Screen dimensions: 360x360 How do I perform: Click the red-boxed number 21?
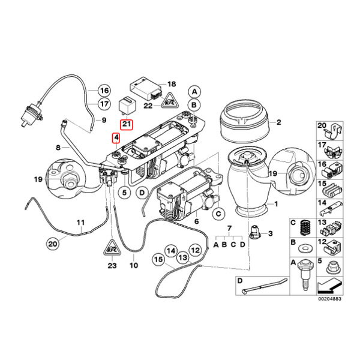pyautogui.click(x=127, y=124)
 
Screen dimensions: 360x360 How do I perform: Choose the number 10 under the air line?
pyautogui.click(x=133, y=264)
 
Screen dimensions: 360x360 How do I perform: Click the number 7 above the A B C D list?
pyautogui.click(x=229, y=231)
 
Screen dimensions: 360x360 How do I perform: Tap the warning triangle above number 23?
pyautogui.click(x=112, y=246)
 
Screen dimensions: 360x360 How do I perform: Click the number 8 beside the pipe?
pyautogui.click(x=58, y=146)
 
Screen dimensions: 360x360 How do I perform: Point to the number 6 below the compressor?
pyautogui.click(x=196, y=221)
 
